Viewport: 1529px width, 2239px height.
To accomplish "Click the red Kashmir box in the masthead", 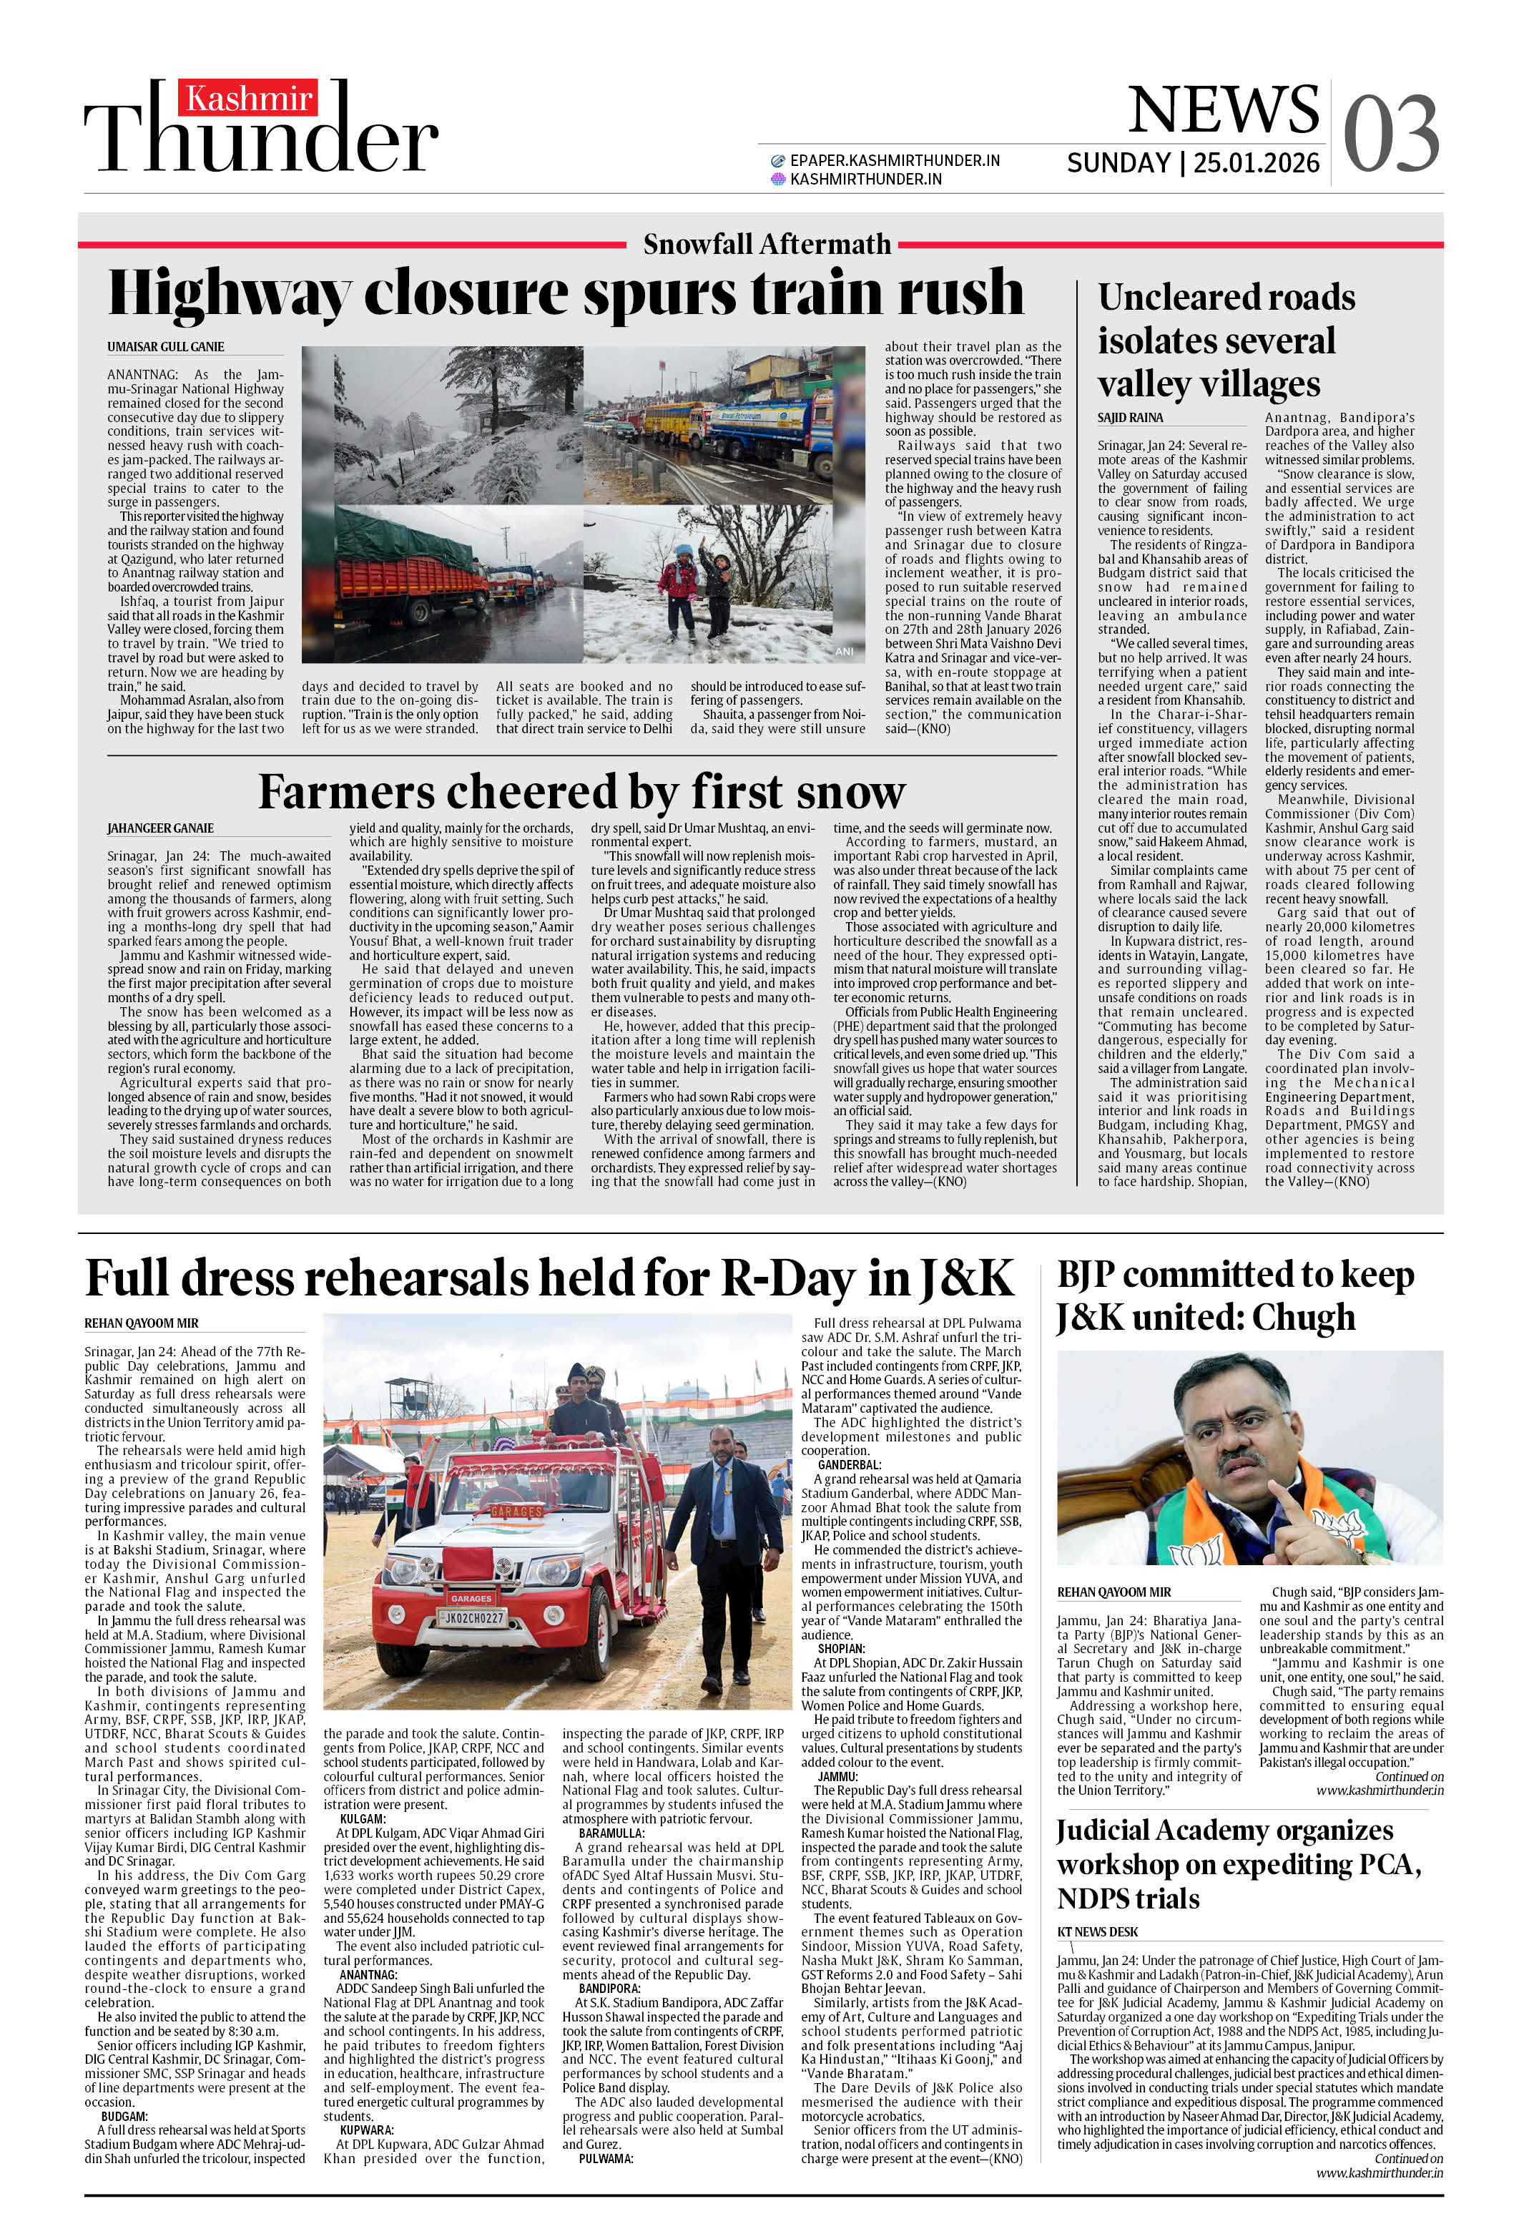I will coord(249,98).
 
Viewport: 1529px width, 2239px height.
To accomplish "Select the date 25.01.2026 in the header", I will coord(1257,163).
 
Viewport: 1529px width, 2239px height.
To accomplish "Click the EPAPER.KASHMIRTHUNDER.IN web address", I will coord(894,161).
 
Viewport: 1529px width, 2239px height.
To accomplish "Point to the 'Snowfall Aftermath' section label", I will coord(766,245).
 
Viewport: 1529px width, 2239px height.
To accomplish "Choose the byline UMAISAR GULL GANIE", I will coord(166,347).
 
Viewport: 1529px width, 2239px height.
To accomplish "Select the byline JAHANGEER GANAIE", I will coord(161,828).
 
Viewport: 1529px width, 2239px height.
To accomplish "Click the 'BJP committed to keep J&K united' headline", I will coord(1234,1295).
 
